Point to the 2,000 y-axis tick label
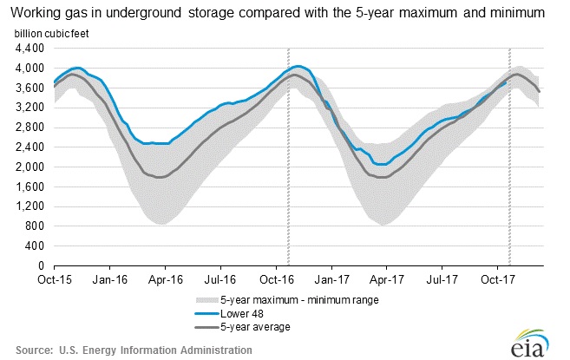tap(29, 167)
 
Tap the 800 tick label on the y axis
tap(36, 226)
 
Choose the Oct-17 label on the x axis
tap(495, 280)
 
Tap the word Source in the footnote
tap(32, 350)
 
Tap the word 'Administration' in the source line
tap(212, 350)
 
